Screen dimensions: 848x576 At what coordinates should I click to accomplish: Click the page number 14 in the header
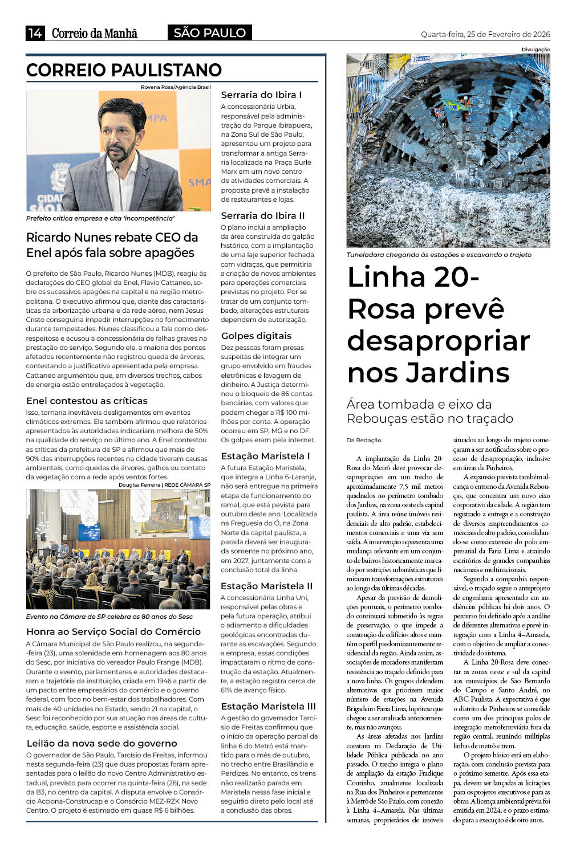pos(35,33)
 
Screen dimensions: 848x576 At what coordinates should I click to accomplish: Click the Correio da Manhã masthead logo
pos(95,33)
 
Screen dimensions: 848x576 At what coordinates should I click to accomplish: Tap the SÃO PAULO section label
pos(209,33)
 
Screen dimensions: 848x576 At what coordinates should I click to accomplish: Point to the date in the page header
pos(485,34)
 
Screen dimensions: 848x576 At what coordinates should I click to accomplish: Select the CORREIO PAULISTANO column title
pos(124,70)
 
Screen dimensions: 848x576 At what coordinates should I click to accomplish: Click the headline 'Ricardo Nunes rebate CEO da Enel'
pos(112,245)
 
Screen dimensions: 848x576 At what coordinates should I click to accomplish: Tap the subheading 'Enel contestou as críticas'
pos(87,401)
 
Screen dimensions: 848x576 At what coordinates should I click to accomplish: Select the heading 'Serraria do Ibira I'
pos(261,95)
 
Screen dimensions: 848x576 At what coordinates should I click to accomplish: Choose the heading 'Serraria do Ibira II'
pos(263,215)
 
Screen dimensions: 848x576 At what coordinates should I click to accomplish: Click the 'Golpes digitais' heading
pos(256,336)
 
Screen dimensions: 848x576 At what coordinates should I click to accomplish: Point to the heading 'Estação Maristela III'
pos(267,706)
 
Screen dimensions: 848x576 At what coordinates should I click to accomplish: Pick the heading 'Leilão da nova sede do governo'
pos(102,743)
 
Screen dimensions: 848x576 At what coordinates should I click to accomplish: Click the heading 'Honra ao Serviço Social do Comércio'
pos(113,631)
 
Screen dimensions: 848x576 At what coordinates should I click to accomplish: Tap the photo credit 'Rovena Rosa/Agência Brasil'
pos(176,87)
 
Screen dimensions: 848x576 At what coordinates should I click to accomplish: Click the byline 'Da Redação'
pos(364,440)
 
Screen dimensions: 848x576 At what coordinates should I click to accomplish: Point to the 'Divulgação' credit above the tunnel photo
pos(536,50)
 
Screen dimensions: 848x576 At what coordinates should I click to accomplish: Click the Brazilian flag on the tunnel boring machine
pos(453,105)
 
